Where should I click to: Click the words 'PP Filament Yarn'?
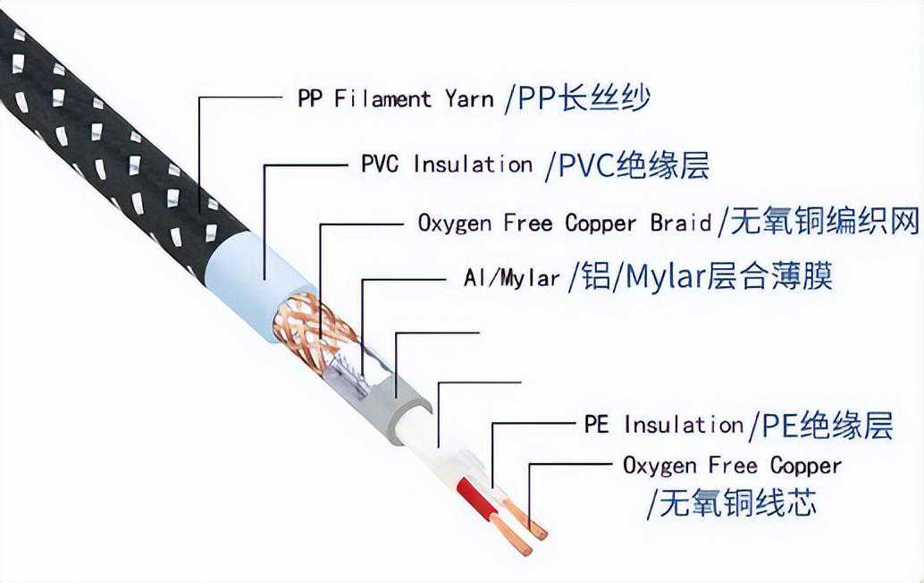click(395, 97)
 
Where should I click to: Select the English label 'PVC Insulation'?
click(446, 165)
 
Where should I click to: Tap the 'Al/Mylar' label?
click(512, 277)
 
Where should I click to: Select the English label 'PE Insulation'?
click(663, 424)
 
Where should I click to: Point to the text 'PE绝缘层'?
click(827, 424)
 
